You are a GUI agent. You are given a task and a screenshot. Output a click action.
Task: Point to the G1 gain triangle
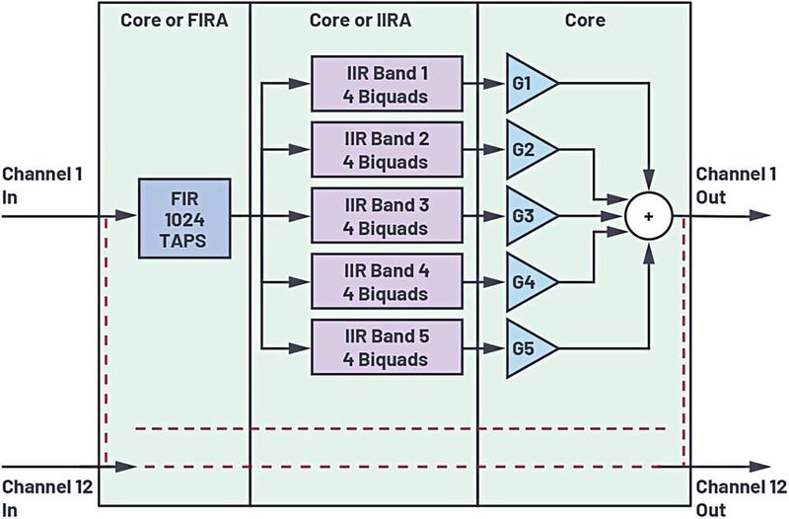(529, 87)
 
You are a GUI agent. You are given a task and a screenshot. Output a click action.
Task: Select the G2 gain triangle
(529, 151)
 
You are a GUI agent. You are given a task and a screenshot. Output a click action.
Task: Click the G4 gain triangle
(529, 282)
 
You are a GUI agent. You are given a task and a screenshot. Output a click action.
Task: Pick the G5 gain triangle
(529, 347)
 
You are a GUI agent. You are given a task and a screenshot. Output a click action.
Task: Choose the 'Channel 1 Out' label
(732, 185)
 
